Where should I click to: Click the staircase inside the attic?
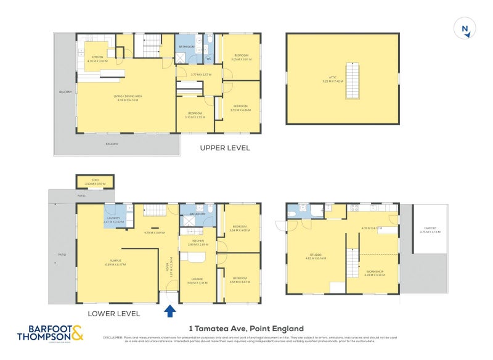[353, 76]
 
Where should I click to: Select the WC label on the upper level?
[209, 59]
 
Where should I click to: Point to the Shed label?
[95, 180]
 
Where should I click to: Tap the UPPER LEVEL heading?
[225, 149]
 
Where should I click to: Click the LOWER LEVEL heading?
[113, 314]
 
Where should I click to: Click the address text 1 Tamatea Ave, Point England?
[246, 329]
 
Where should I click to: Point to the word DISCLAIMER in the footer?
[113, 337]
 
